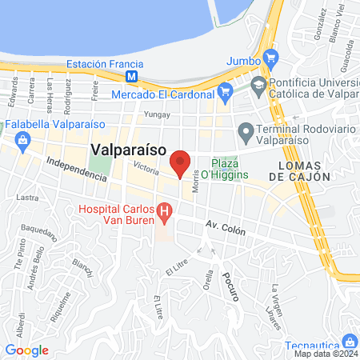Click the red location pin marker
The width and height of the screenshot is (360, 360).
[x=181, y=163]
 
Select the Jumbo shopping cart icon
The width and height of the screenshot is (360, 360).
[x=270, y=58]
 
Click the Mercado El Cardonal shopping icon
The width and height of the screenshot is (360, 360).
[x=225, y=92]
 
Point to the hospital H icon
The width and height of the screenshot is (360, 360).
[x=165, y=213]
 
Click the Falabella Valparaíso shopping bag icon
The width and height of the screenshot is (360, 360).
[x=21, y=140]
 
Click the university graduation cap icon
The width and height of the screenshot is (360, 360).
[x=258, y=83]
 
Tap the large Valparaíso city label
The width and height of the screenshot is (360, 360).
[x=128, y=149]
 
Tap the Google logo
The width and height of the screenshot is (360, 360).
[x=27, y=350]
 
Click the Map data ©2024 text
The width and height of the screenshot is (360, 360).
[x=324, y=354]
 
